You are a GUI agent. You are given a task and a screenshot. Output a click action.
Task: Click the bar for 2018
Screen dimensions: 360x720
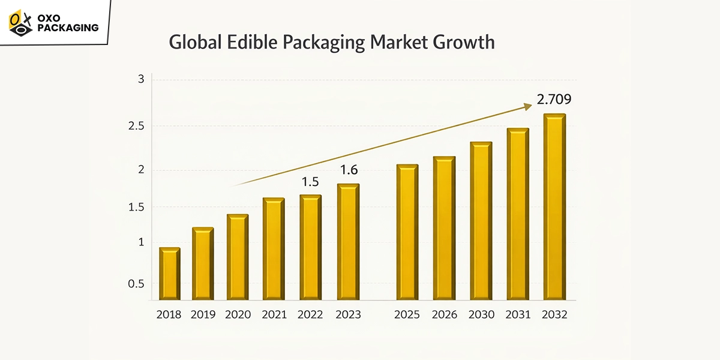coord(170,274)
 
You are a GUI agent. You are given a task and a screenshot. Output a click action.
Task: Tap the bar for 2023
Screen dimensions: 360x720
coord(348,242)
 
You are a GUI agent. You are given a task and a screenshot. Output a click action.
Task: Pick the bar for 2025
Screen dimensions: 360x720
coord(407,232)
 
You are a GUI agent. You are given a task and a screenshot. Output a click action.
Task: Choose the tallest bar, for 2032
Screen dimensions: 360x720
coord(555,207)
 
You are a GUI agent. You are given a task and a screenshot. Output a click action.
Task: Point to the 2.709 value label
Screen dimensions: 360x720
coord(554,99)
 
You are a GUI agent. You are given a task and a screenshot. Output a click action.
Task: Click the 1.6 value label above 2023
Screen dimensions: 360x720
coord(349,170)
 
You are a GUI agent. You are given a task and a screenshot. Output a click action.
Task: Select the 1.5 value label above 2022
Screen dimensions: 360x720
coord(310,181)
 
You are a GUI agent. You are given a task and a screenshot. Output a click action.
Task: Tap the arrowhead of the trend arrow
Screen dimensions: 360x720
coord(528,106)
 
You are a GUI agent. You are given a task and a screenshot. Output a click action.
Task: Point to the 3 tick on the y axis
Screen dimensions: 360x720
coord(141,79)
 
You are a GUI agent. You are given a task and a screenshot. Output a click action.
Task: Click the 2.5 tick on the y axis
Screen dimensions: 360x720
coord(137,126)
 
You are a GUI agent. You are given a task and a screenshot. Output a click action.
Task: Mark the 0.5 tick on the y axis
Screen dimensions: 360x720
coord(136,283)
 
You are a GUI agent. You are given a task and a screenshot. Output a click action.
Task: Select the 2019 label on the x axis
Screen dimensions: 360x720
coord(203,314)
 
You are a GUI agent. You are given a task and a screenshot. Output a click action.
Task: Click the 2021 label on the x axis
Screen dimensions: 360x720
coord(274,314)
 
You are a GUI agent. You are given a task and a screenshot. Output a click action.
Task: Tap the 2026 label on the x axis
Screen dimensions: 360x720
coord(445,314)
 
